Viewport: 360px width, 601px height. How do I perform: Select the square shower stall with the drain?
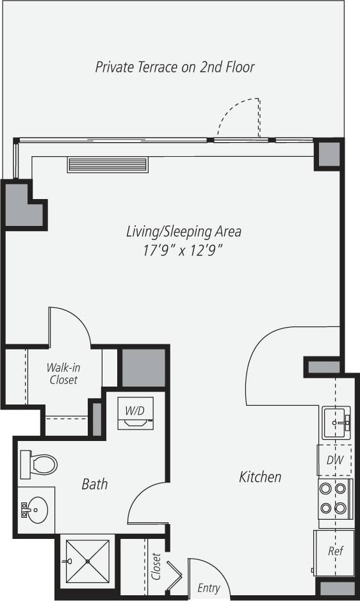click(87, 561)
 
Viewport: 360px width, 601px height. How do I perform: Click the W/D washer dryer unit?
click(135, 413)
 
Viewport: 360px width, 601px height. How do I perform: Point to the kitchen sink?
click(336, 423)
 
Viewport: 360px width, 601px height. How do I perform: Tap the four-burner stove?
click(334, 499)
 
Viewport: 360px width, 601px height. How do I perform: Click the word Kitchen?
click(260, 477)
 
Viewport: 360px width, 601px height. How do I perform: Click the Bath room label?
click(94, 484)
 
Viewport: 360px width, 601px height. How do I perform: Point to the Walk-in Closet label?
click(63, 374)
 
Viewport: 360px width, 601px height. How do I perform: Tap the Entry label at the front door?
click(209, 588)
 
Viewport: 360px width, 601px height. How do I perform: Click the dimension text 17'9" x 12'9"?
click(183, 251)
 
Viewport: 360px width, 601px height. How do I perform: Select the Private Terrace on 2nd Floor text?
click(175, 67)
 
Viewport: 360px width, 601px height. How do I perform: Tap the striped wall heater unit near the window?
click(108, 164)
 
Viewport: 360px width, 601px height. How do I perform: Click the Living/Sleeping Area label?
click(183, 232)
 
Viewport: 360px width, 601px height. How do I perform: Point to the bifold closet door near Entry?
click(175, 572)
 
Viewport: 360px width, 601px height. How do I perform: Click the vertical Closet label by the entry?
click(156, 566)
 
